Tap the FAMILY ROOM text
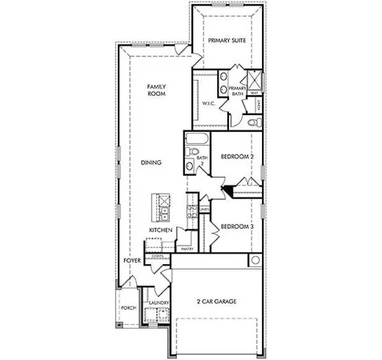point(155,90)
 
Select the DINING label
point(151,162)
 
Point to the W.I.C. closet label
point(206,102)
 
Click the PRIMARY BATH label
point(236,91)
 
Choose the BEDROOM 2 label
point(237,157)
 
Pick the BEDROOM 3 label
point(237,226)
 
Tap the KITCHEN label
point(160,230)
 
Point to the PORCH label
point(127,308)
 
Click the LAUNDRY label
point(157,303)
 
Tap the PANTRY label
point(187,249)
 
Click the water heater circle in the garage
point(255,261)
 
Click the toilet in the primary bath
point(252,122)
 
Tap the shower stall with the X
point(255,80)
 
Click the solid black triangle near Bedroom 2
point(228,190)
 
